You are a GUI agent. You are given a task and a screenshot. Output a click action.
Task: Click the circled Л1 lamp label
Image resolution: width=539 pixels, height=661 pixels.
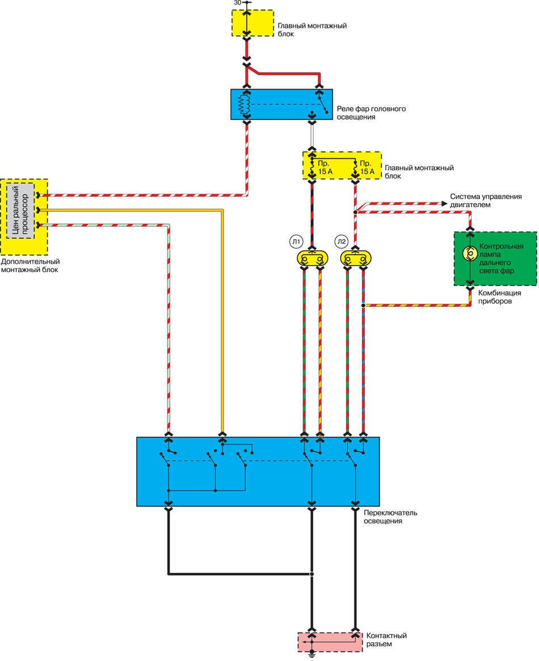pos(296,242)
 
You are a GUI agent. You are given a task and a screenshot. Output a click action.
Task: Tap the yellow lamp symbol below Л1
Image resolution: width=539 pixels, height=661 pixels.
pos(311,259)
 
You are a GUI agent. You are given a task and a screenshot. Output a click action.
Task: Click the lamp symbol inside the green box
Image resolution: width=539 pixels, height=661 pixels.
pos(469,254)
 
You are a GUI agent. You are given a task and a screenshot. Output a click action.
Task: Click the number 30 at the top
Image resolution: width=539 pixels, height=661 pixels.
pos(237,3)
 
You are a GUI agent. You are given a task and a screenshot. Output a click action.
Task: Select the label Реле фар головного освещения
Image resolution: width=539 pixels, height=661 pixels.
pos(372,112)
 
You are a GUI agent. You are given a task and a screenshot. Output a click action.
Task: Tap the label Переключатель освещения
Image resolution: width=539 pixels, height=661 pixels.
pos(390,516)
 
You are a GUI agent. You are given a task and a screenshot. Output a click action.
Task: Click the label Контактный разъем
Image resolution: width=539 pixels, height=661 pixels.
pos(386,640)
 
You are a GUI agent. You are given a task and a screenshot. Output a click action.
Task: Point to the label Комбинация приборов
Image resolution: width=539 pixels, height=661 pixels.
pos(499,297)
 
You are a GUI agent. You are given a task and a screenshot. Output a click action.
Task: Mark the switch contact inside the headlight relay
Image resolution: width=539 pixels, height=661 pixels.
pos(322,106)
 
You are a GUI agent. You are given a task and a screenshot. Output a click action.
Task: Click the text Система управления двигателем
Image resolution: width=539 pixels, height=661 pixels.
pos(486,200)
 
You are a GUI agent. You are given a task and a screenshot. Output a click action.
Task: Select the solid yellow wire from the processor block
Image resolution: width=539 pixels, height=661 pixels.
pos(222,318)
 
